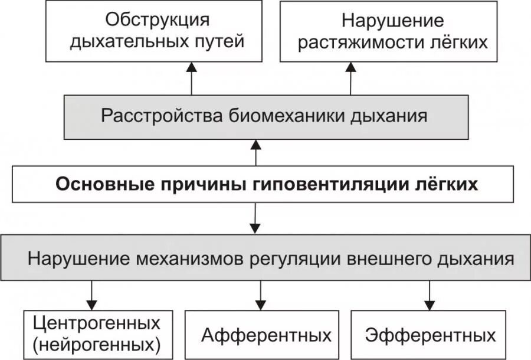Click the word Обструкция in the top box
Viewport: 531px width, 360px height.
(157, 19)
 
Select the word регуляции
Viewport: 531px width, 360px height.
(304, 258)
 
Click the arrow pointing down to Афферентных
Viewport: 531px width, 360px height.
(260, 294)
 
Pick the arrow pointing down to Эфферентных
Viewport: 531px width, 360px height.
(429, 294)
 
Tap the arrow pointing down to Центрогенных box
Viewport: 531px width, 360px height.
(92, 294)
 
